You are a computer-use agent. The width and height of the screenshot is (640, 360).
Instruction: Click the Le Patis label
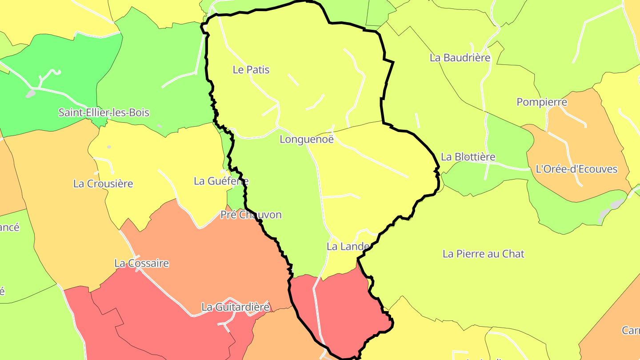[x=251, y=70]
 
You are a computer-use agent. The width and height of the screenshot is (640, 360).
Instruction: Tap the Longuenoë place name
[x=307, y=140]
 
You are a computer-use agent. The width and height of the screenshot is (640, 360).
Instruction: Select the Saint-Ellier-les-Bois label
[x=104, y=112]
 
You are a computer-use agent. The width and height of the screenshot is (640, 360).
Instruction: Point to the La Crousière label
[x=103, y=184]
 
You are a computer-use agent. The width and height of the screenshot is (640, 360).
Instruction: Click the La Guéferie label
[x=221, y=181]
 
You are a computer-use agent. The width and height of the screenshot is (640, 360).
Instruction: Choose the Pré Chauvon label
[x=251, y=215]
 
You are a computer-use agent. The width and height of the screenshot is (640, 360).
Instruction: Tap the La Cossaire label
[x=142, y=263]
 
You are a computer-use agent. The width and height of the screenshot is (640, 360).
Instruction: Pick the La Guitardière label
[x=236, y=307]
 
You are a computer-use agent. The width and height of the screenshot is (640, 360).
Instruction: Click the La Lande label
[x=348, y=246]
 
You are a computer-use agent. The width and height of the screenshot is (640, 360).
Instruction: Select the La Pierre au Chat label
[x=484, y=254]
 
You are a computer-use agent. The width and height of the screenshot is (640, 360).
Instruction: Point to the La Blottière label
[x=468, y=157]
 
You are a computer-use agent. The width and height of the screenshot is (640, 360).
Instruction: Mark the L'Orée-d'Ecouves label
[x=576, y=169]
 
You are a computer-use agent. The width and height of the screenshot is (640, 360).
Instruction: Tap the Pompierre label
[x=542, y=102]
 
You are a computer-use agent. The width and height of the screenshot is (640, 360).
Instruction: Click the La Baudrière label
[x=460, y=58]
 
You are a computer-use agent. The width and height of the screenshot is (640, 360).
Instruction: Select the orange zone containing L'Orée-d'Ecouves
[x=578, y=142]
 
